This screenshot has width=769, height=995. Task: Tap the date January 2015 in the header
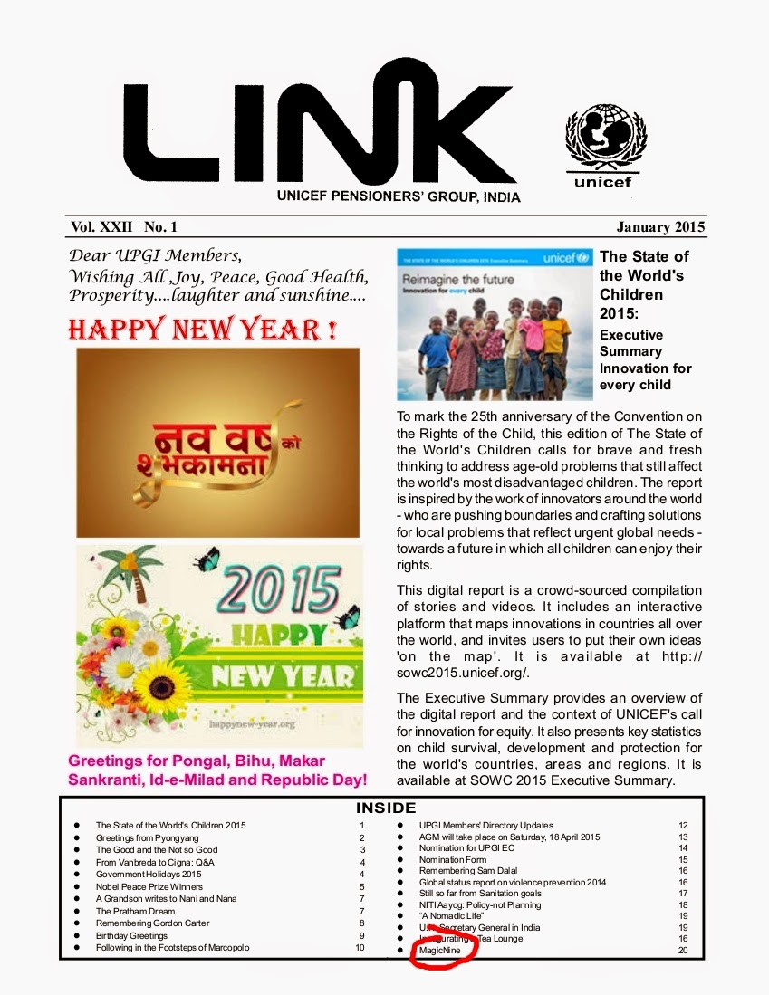[660, 226]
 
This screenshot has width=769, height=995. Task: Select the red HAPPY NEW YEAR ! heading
[202, 329]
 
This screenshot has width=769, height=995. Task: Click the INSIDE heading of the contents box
[385, 808]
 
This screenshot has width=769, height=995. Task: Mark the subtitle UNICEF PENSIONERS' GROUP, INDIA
[398, 197]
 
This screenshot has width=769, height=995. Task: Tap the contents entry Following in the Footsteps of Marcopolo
[172, 948]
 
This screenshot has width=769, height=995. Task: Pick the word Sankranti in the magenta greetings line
[111, 780]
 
